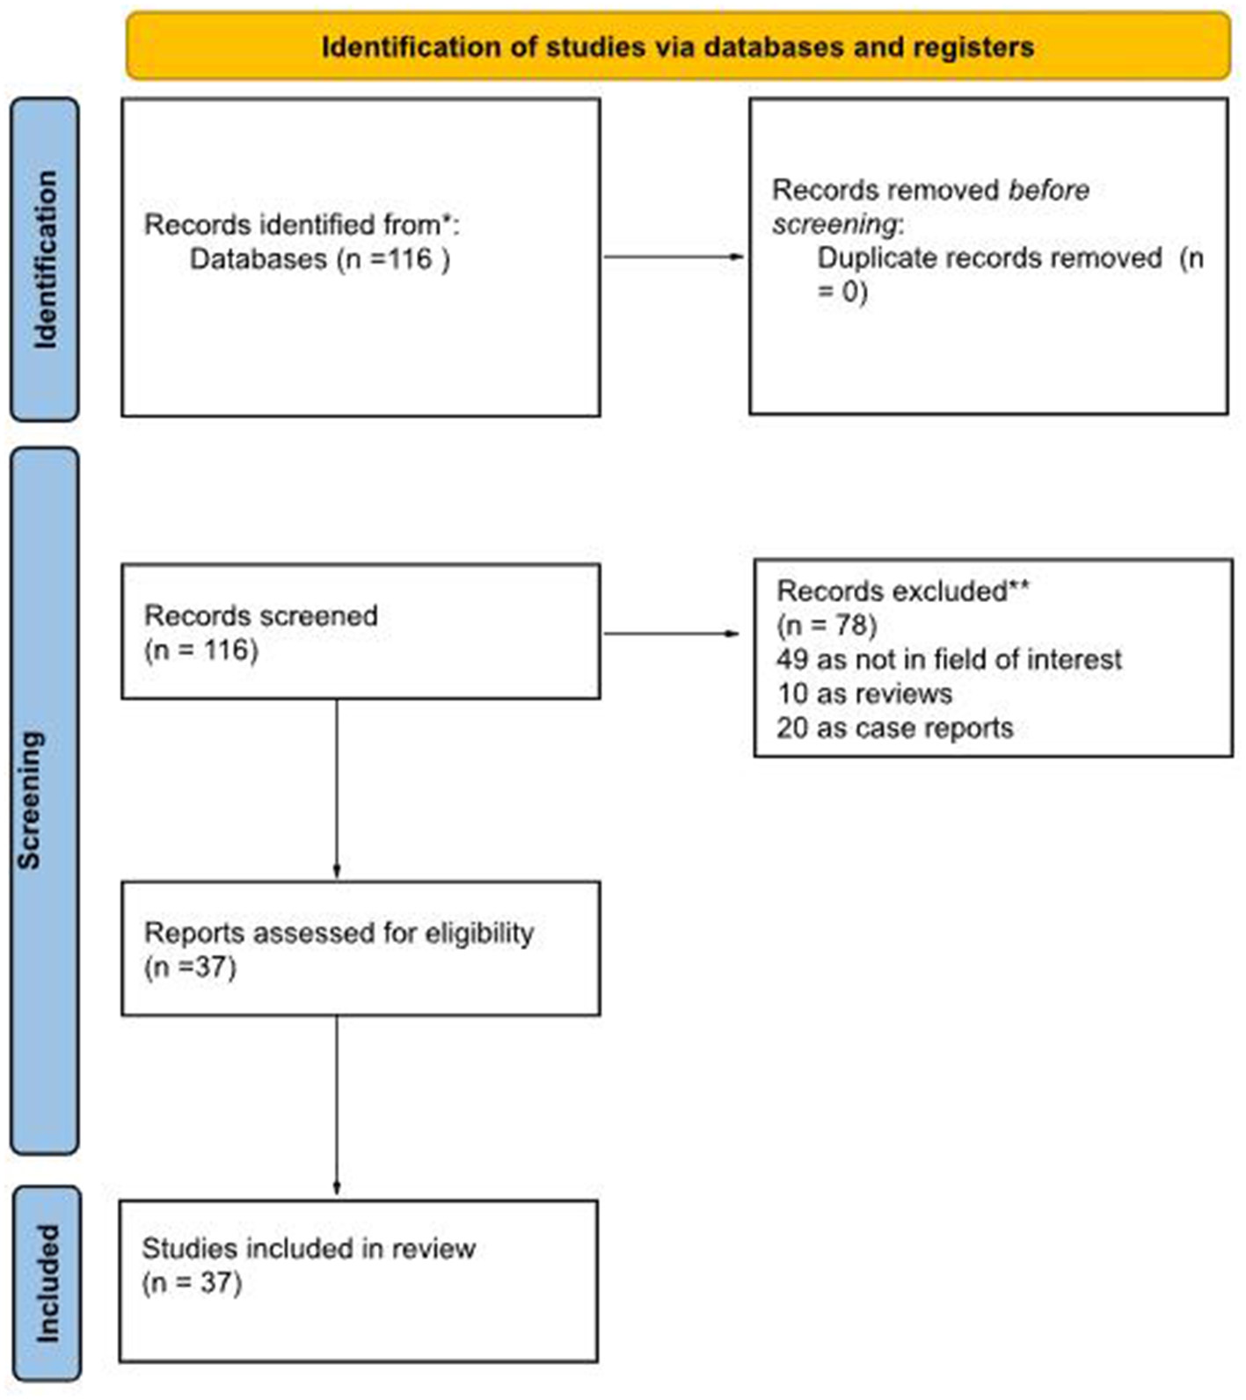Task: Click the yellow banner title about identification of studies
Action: point(677,47)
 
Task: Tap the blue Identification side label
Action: point(45,259)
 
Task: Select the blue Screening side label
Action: point(30,800)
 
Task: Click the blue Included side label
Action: point(47,1283)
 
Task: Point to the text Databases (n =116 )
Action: point(320,259)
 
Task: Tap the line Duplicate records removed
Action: point(989,258)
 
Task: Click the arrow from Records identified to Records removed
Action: point(674,257)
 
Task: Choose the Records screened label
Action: point(261,615)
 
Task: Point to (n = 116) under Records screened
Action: point(201,650)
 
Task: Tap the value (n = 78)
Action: point(827,626)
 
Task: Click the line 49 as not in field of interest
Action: point(949,659)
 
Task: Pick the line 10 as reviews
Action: point(864,693)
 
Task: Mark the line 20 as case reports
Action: point(894,728)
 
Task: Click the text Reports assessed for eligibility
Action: point(339,932)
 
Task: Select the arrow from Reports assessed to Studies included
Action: point(337,1106)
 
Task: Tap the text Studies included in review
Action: point(309,1248)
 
